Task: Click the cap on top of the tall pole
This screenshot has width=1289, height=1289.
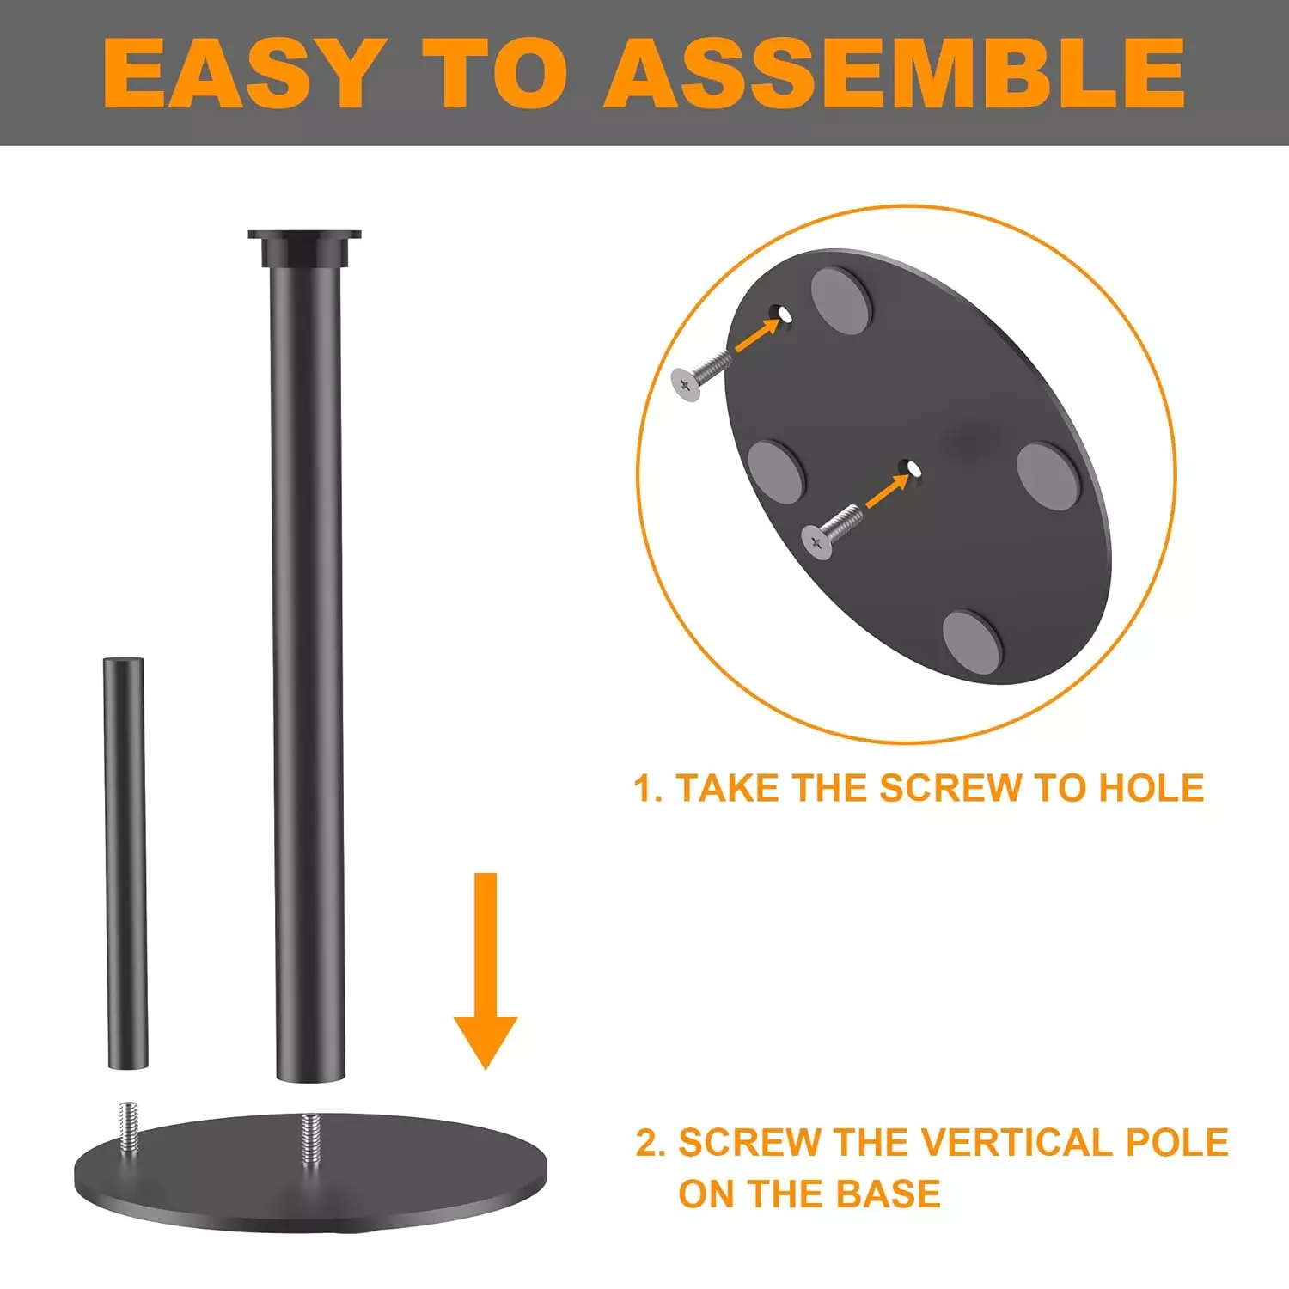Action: [305, 248]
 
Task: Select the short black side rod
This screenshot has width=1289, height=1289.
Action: [125, 863]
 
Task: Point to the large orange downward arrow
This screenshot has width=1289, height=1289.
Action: [486, 971]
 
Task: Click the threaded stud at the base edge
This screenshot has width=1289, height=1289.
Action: [129, 1127]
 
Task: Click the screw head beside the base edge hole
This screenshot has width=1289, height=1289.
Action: [686, 385]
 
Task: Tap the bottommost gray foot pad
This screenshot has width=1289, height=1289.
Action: [973, 643]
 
